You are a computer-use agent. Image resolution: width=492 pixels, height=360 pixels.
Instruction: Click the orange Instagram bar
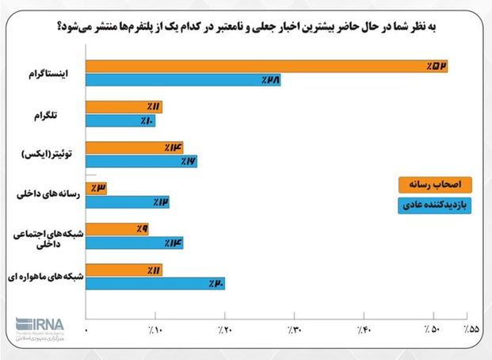pyautogui.click(x=266, y=66)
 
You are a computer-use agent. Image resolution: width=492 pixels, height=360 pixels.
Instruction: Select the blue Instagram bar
pyautogui.click(x=183, y=79)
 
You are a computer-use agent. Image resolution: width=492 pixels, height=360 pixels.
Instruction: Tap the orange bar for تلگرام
pyautogui.click(x=124, y=107)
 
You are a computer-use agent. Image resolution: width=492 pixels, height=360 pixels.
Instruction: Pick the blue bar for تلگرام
pyautogui.click(x=120, y=121)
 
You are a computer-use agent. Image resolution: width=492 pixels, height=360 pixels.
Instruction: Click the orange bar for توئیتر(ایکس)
pyautogui.click(x=134, y=147)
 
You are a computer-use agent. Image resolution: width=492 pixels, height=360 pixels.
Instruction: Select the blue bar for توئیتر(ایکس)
pyautogui.click(x=141, y=161)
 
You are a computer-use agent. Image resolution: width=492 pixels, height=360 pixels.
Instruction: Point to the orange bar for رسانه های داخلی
pyautogui.click(x=96, y=189)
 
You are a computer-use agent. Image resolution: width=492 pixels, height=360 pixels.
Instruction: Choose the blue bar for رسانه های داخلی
pyautogui.click(x=127, y=202)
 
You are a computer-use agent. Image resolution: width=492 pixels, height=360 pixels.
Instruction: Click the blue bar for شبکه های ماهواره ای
pyautogui.click(x=154, y=283)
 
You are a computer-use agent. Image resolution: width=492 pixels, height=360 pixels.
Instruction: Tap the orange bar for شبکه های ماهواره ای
pyautogui.click(x=124, y=270)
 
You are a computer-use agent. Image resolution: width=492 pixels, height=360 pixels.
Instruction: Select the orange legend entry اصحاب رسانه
pyautogui.click(x=434, y=184)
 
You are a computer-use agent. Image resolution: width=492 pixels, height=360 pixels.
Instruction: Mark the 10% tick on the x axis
pyautogui.click(x=156, y=329)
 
